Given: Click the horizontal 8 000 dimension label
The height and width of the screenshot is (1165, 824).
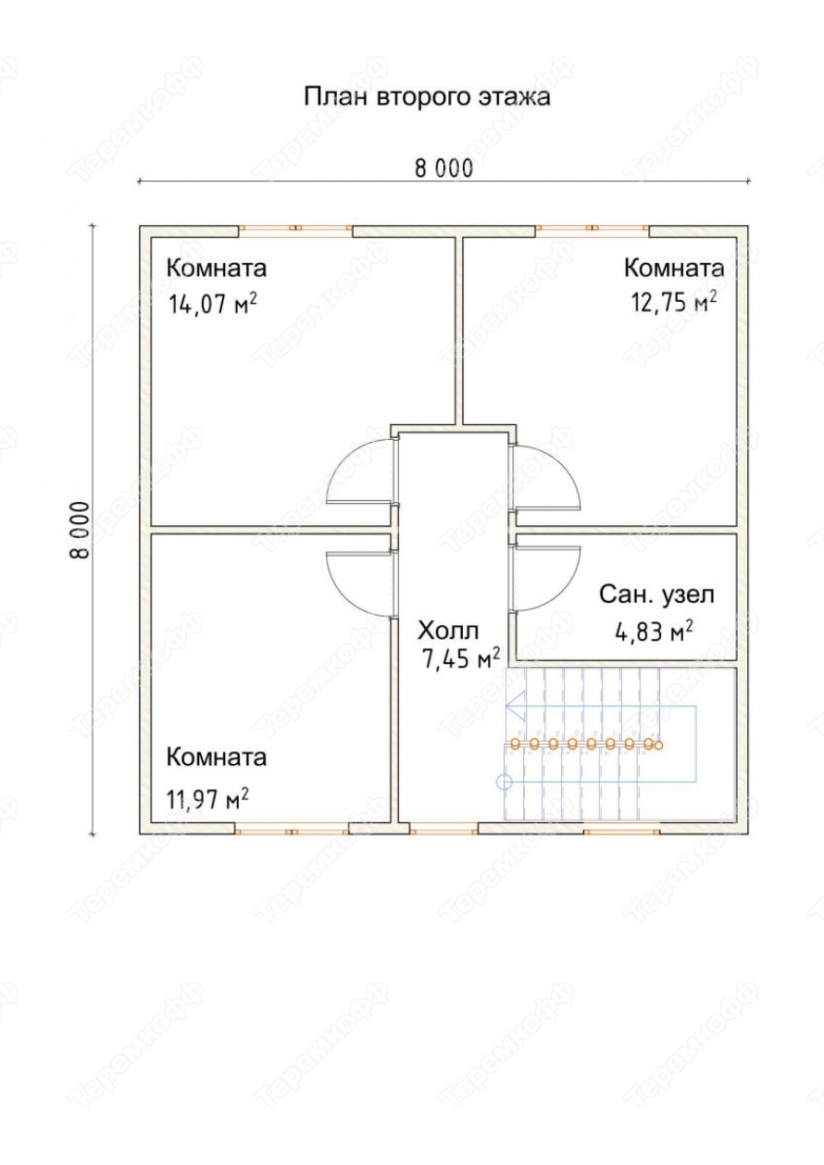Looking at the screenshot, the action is tap(444, 169).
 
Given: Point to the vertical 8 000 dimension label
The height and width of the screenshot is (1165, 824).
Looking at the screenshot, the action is tap(79, 530).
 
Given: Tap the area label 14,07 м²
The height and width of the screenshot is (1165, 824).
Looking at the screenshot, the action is tap(212, 304).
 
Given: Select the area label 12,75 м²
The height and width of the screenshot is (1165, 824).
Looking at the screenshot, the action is tap(674, 302).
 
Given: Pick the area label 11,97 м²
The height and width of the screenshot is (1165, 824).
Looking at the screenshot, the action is tap(206, 799).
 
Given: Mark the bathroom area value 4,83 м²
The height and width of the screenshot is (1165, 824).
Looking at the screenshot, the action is tap(654, 632).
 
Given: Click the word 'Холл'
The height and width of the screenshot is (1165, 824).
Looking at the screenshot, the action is tap(448, 631).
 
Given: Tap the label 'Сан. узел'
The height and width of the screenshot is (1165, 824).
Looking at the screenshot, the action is tap(657, 595).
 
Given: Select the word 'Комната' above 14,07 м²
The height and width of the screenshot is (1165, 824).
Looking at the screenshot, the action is tap(217, 269).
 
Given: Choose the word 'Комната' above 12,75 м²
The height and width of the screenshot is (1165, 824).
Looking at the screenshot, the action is tap(674, 268).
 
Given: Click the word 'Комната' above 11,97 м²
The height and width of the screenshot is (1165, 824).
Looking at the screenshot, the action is tap(217, 758).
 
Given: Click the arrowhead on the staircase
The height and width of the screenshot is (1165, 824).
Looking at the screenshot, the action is tap(515, 707).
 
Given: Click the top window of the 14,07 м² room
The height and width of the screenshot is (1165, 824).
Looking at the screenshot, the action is tap(295, 228).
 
